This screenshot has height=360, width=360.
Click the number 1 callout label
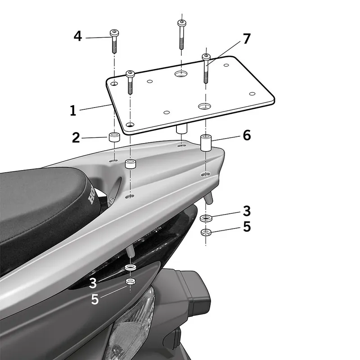[73, 110]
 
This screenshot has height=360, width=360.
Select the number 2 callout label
[76, 137]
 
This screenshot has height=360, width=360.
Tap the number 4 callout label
[78, 36]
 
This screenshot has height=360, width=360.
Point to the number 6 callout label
[246, 135]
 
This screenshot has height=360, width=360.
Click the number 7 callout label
[246, 39]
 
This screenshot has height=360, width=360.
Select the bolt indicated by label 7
[206, 67]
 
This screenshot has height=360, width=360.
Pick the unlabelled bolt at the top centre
[181, 34]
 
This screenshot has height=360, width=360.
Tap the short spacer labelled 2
[113, 136]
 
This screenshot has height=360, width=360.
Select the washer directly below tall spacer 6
[206, 218]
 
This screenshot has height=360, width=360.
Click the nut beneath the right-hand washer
[206, 232]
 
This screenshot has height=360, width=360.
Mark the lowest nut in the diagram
[130, 281]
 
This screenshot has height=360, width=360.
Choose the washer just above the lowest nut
[130, 268]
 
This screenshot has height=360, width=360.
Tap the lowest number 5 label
[94, 299]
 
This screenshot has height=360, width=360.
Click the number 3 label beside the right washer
[246, 211]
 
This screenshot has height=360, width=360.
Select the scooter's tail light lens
[135, 324]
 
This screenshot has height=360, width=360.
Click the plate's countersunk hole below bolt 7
[204, 106]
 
